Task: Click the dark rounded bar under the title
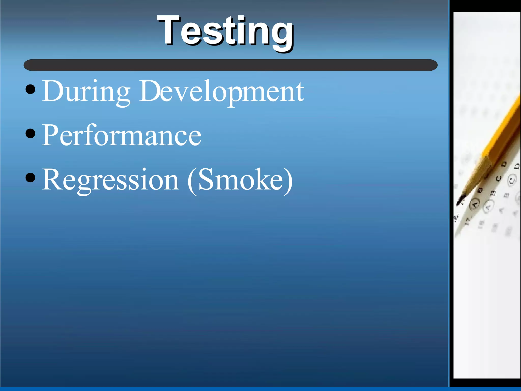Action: coord(230,65)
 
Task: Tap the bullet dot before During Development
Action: coord(31,89)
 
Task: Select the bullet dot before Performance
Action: coord(31,134)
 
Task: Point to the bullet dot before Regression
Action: coord(31,178)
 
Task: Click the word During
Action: coord(86,92)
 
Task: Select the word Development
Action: coord(221,92)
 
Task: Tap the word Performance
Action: coord(122,135)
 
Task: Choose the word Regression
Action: coord(111,180)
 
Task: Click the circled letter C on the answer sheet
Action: coord(512,180)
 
